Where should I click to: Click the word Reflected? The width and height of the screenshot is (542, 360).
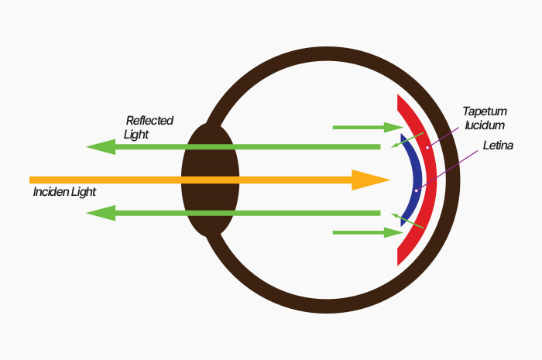pyautogui.click(x=149, y=121)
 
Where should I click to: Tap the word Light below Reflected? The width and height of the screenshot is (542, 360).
pyautogui.click(x=136, y=134)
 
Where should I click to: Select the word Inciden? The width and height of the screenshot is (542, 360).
pyautogui.click(x=52, y=191)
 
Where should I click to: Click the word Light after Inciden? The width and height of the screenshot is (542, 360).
pyautogui.click(x=84, y=191)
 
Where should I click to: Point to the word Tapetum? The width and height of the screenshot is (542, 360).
pyautogui.click(x=485, y=111)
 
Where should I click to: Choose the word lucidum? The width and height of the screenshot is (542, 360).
pyautogui.click(x=485, y=125)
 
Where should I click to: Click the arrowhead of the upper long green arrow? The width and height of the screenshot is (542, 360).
pyautogui.click(x=99, y=146)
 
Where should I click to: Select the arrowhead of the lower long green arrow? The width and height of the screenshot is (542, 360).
pyautogui.click(x=99, y=213)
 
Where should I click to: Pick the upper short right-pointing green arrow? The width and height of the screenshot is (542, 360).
pyautogui.click(x=363, y=126)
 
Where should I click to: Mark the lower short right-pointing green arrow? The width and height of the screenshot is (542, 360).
pyautogui.click(x=363, y=231)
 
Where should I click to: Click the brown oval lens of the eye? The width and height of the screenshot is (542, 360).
pyautogui.click(x=210, y=180)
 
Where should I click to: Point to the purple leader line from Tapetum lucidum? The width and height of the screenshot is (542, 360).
pyautogui.click(x=445, y=132)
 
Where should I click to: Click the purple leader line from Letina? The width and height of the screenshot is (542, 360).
pyautogui.click(x=453, y=166)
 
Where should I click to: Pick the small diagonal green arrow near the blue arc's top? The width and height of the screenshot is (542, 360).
pyautogui.click(x=406, y=139)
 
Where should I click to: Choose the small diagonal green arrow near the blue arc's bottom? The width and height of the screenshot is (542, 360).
pyautogui.click(x=410, y=221)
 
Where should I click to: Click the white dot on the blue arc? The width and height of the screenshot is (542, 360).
pyautogui.click(x=417, y=190)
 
